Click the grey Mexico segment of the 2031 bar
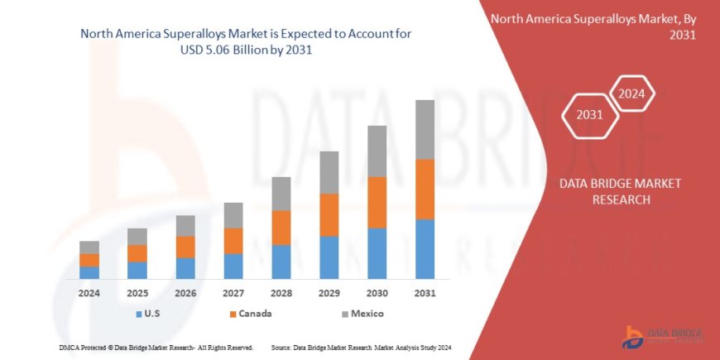tap(425, 129)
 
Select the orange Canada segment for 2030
tap(377, 202)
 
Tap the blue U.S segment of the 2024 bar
tap(89, 272)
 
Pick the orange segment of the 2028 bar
tap(281, 228)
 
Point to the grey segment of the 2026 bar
tap(185, 226)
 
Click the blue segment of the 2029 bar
tap(329, 257)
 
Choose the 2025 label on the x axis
tap(137, 293)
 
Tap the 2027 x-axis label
tap(233, 293)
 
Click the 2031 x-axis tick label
tap(425, 293)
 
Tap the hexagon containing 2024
tap(632, 94)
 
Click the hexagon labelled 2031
tap(589, 114)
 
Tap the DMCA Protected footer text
tap(156, 348)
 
